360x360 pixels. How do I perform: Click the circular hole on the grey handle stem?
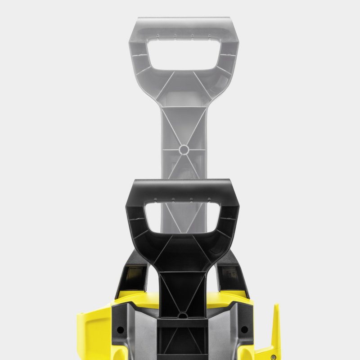(184, 149)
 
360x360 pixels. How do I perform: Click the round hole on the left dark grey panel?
(121, 329)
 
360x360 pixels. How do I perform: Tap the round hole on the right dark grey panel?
(244, 329)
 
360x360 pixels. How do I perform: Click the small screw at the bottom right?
(273, 345)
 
